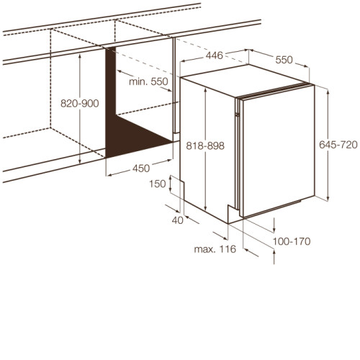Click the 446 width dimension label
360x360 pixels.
tap(215, 55)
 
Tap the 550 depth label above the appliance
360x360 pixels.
tap(284, 60)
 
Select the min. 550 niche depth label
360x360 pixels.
tap(148, 81)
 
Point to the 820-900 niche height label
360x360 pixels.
tap(80, 104)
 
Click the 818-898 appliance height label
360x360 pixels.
tap(205, 145)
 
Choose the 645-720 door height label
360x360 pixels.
tap(338, 145)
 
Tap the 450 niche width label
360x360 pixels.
tap(141, 168)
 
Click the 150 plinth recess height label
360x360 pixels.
tap(158, 184)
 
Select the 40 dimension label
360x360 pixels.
tap(178, 220)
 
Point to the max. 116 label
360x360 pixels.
tap(215, 249)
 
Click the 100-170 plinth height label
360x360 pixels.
tap(292, 241)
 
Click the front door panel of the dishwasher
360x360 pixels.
tap(279, 151)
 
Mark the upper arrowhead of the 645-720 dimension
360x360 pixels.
tap(328, 91)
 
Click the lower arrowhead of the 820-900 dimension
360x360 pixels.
tap(80, 161)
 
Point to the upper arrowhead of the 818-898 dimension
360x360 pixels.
tap(205, 91)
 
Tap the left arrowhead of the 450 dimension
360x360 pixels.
tap(109, 175)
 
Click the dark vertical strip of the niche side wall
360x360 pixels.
tap(110, 101)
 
